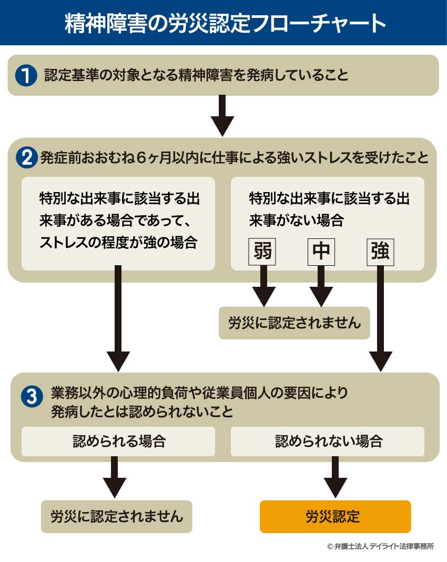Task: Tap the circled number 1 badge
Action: click(x=25, y=76)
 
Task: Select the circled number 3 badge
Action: click(x=32, y=396)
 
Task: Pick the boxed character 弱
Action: click(x=262, y=252)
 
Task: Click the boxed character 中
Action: click(x=321, y=252)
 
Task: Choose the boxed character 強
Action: click(x=380, y=252)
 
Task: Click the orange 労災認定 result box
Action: click(x=335, y=516)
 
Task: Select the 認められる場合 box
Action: click(x=118, y=441)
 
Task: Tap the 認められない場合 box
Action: click(x=328, y=441)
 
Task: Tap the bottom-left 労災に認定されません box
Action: click(x=117, y=516)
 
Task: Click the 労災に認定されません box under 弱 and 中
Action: click(x=294, y=323)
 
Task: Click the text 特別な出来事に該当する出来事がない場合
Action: click(x=329, y=209)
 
